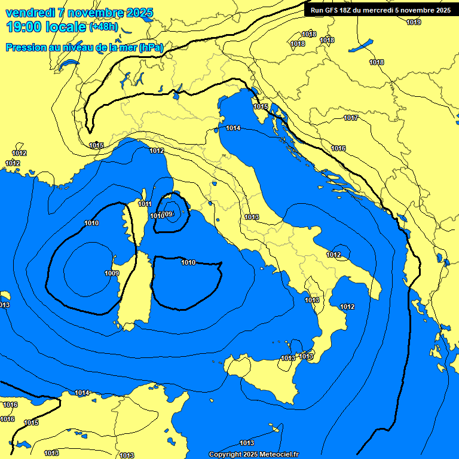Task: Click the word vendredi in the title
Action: click(27, 13)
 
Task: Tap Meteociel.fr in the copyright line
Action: click(278, 455)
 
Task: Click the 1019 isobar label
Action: click(414, 22)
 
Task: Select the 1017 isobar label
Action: click(351, 118)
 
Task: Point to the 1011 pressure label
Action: click(145, 204)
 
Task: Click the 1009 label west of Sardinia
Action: click(112, 273)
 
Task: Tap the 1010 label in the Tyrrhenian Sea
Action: click(188, 262)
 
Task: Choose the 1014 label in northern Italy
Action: click(233, 128)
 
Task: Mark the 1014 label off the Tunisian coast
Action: click(82, 393)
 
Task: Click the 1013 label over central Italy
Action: click(252, 217)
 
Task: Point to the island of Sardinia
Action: click(134, 290)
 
